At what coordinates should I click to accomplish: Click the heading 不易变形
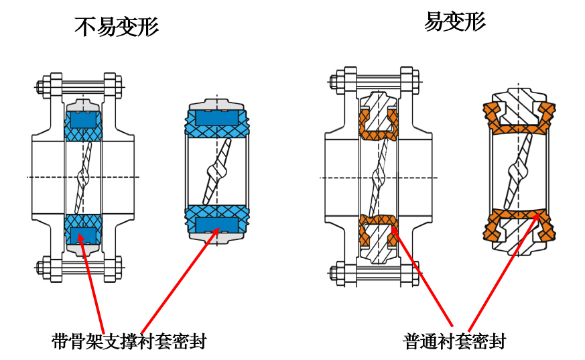coord(117,27)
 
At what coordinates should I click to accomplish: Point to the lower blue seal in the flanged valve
coord(83,229)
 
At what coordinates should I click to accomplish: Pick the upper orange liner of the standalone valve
coord(519,121)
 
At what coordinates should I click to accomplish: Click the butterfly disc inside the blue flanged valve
coord(83,177)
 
